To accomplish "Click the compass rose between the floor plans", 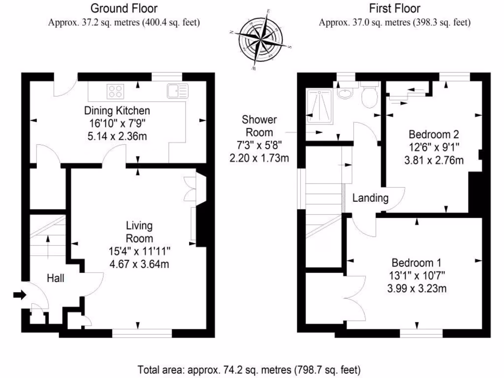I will (x=261, y=39).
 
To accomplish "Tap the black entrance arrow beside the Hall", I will (x=19, y=295).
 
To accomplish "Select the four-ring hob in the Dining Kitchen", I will (x=116, y=91).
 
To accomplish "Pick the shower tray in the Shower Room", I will (x=320, y=105).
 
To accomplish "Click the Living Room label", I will (x=139, y=231).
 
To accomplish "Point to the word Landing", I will (x=371, y=198).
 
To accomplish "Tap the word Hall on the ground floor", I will (x=55, y=278).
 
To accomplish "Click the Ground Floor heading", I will (x=124, y=8).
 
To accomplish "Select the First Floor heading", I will (x=395, y=8).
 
